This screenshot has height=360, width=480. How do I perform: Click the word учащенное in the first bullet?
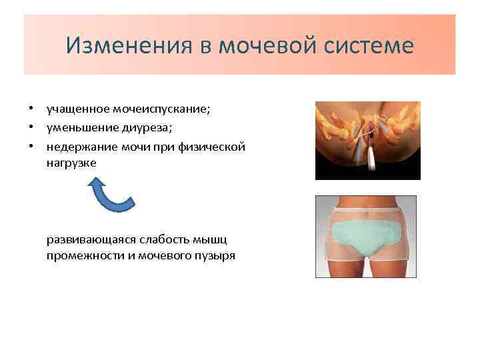[75, 109]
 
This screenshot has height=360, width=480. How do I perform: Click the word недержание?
[80, 145]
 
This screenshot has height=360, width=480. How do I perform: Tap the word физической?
[213, 145]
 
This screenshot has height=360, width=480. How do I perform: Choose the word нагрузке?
[71, 162]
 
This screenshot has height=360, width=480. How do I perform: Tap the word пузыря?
[215, 256]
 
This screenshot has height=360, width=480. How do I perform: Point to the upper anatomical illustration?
[367, 141]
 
